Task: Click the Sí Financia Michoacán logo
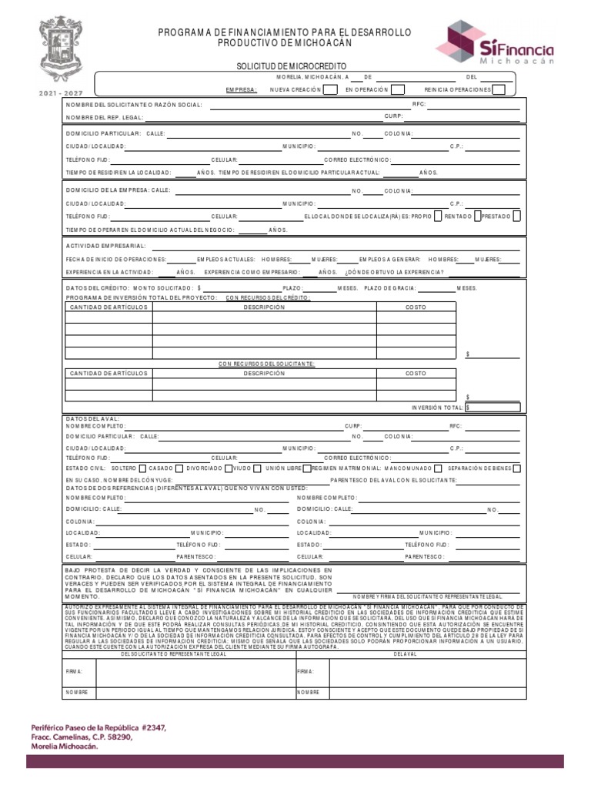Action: (500, 42)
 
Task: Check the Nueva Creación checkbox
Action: (329, 89)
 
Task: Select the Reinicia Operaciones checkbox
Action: (498, 89)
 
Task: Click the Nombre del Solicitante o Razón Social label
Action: (134, 104)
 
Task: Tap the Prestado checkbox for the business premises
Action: (516, 217)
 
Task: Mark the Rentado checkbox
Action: (477, 217)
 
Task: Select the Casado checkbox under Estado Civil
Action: (179, 468)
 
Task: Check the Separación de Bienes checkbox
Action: (516, 468)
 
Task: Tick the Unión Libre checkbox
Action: (307, 468)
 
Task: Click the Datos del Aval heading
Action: (92, 418)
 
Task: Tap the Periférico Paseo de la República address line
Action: (97, 727)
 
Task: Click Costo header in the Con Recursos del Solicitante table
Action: (416, 373)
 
